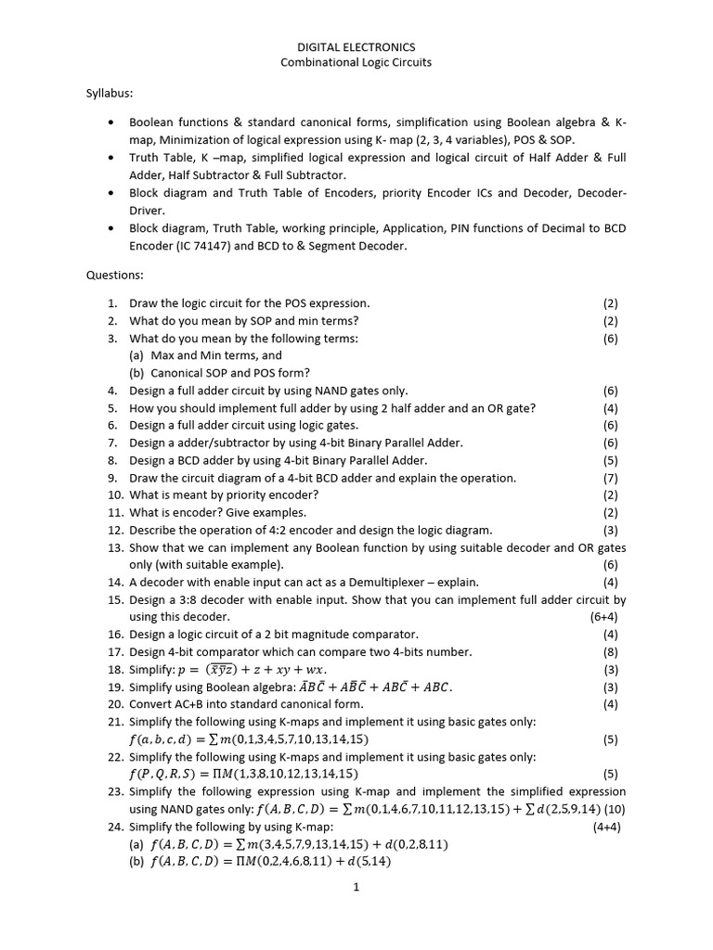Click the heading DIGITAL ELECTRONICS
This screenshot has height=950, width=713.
pos(356,46)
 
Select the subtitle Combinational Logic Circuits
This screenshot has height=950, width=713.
pos(356,63)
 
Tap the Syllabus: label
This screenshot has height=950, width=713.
pos(110,94)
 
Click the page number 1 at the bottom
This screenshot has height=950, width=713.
pos(356,887)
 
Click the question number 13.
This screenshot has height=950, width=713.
pos(114,548)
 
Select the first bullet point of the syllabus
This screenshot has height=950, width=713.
pos(111,122)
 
